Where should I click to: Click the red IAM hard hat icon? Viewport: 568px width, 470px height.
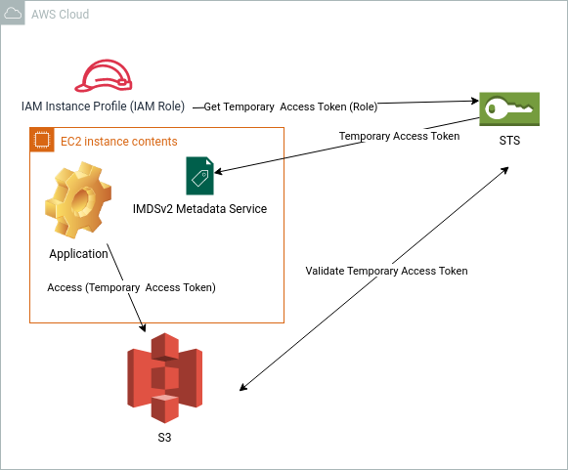point(104,75)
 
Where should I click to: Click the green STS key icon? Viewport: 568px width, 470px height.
point(509,109)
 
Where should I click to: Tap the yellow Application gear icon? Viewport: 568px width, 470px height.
point(78,200)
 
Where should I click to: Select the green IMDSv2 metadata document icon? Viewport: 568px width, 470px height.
point(199,176)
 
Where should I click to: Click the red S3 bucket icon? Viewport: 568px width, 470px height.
point(165,378)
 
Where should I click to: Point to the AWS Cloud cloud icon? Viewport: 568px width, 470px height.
point(13,14)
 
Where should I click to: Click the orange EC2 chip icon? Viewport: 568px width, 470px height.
point(42,140)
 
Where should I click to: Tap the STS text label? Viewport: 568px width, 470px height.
point(509,141)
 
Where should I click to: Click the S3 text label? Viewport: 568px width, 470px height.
point(164,438)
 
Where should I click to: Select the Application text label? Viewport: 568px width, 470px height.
point(78,254)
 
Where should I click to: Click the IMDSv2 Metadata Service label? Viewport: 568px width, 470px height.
point(200,209)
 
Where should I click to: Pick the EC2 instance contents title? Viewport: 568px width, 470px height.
point(119,142)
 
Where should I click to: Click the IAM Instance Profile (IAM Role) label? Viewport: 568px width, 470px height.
point(104,107)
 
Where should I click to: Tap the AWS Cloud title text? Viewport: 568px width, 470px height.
point(61,14)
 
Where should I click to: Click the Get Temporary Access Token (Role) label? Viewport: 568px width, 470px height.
point(290,107)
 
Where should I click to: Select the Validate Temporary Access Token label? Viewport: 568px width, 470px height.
point(386,271)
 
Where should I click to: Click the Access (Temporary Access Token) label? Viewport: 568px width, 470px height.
point(132,287)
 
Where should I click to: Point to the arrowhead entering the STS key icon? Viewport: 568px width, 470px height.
point(475,101)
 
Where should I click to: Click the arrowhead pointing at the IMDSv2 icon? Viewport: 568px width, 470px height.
point(218,171)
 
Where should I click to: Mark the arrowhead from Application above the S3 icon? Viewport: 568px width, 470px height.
point(143,327)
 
